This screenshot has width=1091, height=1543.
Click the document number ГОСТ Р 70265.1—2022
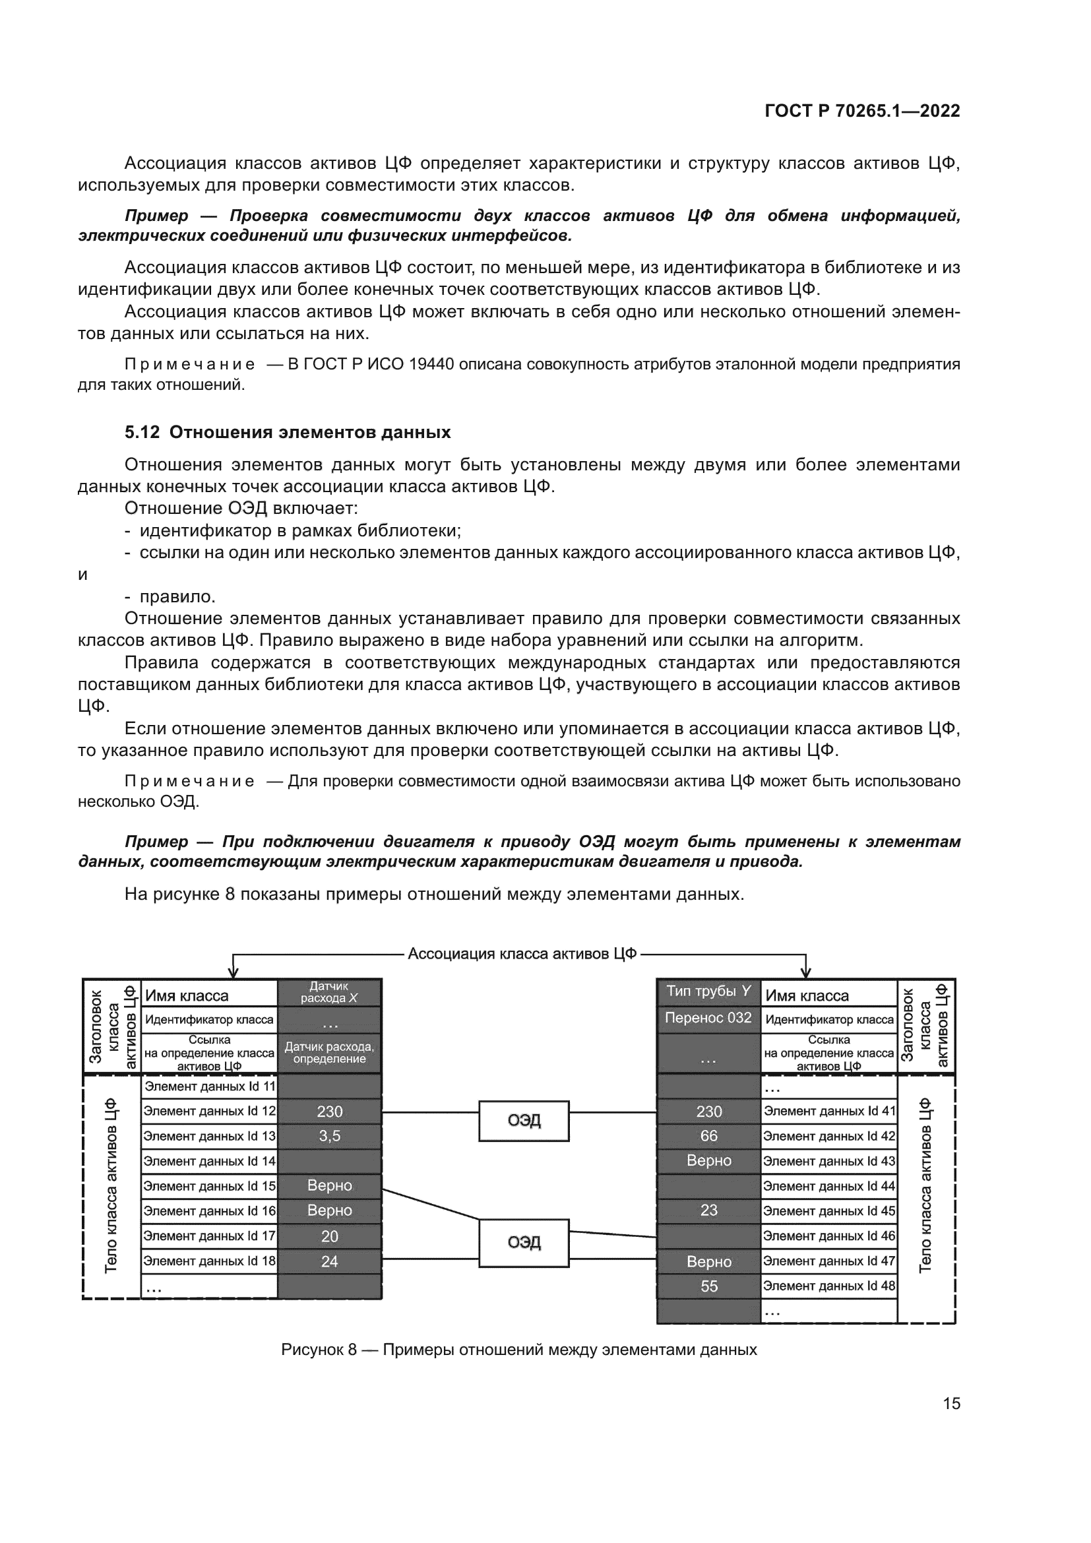[x=862, y=111]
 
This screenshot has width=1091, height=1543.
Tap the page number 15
[x=951, y=1403]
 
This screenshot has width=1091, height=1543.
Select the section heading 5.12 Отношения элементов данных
[x=288, y=432]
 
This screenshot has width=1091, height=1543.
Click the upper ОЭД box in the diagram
[x=523, y=1120]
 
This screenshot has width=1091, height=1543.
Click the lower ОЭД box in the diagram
[x=523, y=1243]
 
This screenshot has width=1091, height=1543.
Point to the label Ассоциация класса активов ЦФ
[x=522, y=954]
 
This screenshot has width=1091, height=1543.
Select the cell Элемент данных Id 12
[x=210, y=1112]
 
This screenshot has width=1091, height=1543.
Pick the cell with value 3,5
[x=329, y=1137]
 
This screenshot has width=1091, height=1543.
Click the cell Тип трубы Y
[x=708, y=992]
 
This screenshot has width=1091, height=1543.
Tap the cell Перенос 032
[x=708, y=1018]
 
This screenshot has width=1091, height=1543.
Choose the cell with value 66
[x=708, y=1137]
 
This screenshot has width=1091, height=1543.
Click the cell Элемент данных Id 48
[x=829, y=1286]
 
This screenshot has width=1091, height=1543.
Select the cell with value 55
[x=708, y=1286]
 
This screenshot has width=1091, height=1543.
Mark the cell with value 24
[x=329, y=1261]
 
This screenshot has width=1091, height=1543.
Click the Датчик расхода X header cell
[x=329, y=992]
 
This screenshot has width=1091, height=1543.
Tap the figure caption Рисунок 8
[x=518, y=1350]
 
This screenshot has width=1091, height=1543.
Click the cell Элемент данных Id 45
[x=829, y=1211]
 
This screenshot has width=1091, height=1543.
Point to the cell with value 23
[x=708, y=1211]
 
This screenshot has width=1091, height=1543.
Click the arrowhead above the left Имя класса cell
[x=233, y=972]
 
